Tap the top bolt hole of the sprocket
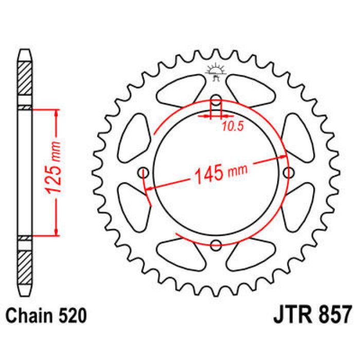point(216,100)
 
